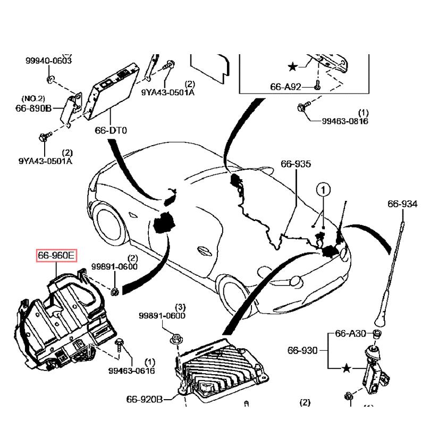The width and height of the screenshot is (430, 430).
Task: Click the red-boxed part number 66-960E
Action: [56, 256]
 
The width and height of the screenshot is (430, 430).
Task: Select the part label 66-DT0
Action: [111, 130]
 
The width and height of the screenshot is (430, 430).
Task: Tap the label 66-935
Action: [296, 164]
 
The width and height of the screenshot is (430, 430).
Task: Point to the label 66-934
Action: [402, 204]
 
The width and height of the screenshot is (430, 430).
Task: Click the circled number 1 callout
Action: [324, 189]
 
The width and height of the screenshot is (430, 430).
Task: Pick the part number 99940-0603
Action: [48, 61]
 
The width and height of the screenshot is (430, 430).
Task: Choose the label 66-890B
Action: [33, 108]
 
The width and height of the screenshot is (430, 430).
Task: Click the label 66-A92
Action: [285, 86]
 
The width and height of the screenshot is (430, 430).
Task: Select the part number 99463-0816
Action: [345, 121]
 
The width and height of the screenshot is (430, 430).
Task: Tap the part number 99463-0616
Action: [131, 370]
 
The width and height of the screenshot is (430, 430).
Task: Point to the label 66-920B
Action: [144, 399]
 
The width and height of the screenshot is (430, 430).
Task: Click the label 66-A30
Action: [350, 334]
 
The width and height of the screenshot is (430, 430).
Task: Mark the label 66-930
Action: [302, 350]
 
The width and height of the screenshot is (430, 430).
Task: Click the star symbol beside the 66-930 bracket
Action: [347, 368]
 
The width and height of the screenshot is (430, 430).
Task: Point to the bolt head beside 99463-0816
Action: [300, 107]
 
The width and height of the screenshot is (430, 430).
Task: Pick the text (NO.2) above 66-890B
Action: [33, 98]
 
